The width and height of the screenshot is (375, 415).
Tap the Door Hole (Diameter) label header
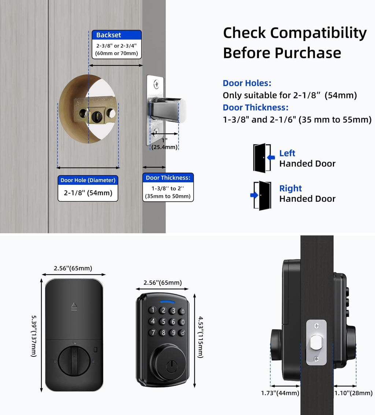88,180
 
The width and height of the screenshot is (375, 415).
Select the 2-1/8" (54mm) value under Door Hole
88,192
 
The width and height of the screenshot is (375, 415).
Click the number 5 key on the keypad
163,321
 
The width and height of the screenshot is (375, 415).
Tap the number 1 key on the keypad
153,310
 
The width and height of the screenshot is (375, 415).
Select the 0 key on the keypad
182,322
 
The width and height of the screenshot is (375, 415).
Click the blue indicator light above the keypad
167,302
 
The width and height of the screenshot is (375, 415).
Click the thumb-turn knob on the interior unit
74,362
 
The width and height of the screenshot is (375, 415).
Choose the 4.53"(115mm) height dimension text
201,337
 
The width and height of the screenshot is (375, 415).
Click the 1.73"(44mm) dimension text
280,393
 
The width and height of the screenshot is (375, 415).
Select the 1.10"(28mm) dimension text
353,393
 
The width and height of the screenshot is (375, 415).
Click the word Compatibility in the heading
318,33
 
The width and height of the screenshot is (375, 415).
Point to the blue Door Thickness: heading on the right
255,108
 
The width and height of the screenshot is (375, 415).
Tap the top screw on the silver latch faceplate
156,85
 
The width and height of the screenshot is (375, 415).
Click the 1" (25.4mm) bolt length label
164,144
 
